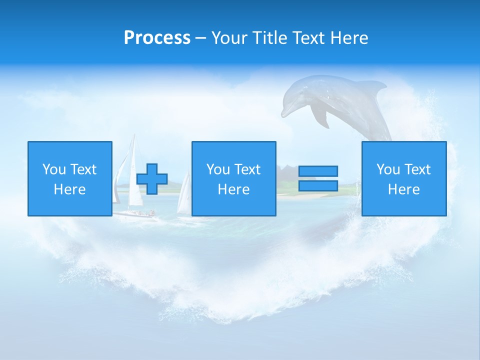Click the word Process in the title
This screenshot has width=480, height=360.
coord(157,38)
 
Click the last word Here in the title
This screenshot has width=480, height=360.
coord(348,38)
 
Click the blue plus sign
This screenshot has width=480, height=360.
coord(152,178)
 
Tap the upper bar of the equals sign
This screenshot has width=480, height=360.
coord(318,171)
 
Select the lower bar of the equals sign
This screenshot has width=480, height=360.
coord(318,185)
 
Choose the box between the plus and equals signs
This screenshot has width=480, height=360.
coord(233,178)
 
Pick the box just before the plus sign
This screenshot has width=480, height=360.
coord(69,178)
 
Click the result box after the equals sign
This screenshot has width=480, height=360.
coord(403,178)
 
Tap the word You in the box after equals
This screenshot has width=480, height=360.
coord(387,169)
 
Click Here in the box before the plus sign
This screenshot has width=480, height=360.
coord(69,189)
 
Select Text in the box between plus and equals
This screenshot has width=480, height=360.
coord(247,169)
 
